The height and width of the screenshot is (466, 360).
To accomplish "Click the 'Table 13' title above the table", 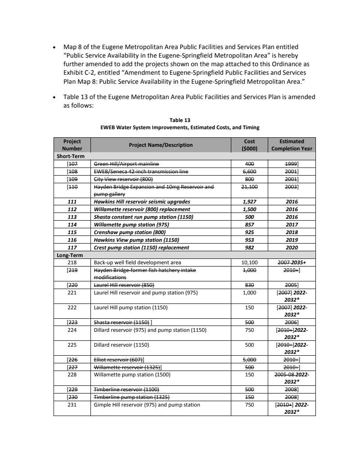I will click(180, 120).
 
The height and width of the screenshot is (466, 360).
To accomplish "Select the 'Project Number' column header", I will click(72, 145).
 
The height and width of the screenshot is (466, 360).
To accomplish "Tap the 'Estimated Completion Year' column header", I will click(292, 145).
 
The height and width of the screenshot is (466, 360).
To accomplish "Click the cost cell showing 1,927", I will click(249, 202).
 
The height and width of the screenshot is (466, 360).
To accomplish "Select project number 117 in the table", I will click(72, 248).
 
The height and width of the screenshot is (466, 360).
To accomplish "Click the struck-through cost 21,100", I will click(249, 186).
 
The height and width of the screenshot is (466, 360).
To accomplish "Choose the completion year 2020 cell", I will click(292, 248).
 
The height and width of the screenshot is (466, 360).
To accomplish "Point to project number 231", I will click(72, 405).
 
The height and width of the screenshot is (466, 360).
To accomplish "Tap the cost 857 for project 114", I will click(249, 225).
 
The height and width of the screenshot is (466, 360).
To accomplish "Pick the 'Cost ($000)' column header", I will click(249, 145).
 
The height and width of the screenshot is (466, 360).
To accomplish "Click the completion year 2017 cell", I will click(292, 225).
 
